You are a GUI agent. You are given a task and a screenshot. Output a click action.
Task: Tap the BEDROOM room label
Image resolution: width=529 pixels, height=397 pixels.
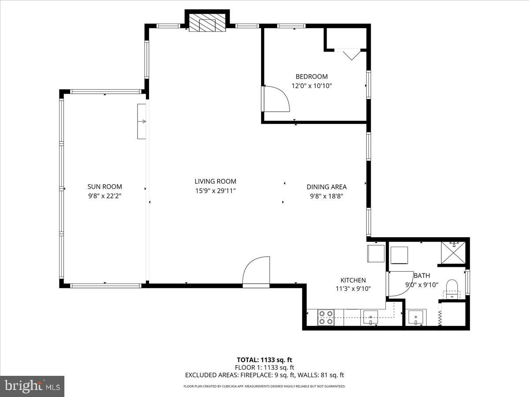point(311,77)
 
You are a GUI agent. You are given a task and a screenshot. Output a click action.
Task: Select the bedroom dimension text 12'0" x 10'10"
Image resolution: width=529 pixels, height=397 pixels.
point(311,86)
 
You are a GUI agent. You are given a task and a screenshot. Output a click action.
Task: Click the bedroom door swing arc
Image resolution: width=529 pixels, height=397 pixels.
point(277,99)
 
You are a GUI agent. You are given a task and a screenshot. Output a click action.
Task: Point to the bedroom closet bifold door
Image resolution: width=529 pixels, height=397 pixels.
point(351,54)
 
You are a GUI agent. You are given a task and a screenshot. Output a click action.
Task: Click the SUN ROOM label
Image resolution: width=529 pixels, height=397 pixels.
point(104,187)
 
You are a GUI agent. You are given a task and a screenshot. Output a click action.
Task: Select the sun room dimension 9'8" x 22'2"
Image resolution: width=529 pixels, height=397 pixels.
point(104,196)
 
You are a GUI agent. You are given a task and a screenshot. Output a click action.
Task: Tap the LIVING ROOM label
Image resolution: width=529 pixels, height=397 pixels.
point(215,181)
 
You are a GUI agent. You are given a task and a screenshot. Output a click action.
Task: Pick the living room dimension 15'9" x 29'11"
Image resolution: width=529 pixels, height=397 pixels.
point(215,191)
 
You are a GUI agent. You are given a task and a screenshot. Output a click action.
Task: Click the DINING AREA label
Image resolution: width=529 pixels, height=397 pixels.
point(326,187)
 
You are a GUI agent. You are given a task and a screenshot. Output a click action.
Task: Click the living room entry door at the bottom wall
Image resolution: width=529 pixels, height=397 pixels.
point(256,272)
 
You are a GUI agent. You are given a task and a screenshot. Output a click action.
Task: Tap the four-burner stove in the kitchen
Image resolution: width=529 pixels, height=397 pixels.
point(326,318)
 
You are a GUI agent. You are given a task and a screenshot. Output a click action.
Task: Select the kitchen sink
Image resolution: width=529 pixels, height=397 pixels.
point(371,318)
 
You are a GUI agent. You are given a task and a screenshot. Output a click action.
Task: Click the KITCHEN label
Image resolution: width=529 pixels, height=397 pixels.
point(353,280)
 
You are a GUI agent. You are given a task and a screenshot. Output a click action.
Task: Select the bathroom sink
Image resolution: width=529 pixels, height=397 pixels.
point(416,318)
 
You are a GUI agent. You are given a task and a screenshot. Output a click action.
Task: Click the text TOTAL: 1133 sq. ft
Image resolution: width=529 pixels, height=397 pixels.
point(264,360)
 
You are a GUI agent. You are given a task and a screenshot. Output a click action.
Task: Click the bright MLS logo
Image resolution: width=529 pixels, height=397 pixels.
point(32,386)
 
